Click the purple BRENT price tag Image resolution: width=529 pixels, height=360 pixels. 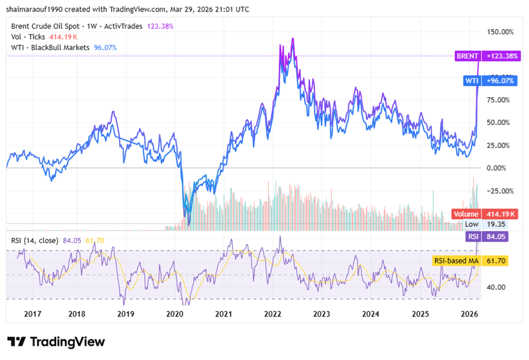point(467,56)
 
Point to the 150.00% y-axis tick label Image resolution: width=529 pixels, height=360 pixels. point(500,31)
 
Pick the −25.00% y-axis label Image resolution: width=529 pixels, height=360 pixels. point(498,191)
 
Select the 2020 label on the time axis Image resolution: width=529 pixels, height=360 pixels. point(175,314)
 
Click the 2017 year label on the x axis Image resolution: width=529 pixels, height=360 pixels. point(33,314)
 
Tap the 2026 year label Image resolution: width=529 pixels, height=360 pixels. point(469,314)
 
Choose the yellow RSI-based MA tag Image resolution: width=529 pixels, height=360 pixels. point(455,261)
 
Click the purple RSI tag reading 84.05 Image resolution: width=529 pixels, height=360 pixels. point(473,237)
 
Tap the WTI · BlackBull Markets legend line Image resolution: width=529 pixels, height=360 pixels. point(51,47)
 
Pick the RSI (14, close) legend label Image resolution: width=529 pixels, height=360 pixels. point(34,240)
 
